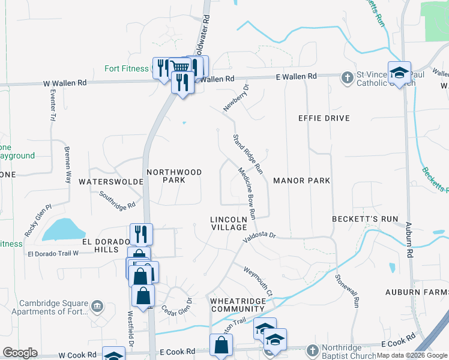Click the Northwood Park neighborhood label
[x=174, y=176]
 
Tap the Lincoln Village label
[x=229, y=223]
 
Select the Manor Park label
[x=302, y=180]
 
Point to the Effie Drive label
[x=324, y=118]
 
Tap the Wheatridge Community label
[x=229, y=304]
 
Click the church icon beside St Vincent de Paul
[x=347, y=77]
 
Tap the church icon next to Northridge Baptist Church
[x=312, y=350]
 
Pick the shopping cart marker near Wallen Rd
[x=179, y=66]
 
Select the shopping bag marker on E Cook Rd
[x=221, y=345]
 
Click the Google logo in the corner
[x=20, y=353]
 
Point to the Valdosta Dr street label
[x=259, y=238]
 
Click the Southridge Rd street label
[x=117, y=200]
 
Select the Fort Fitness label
[x=126, y=68]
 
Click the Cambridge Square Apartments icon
[x=96, y=307]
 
